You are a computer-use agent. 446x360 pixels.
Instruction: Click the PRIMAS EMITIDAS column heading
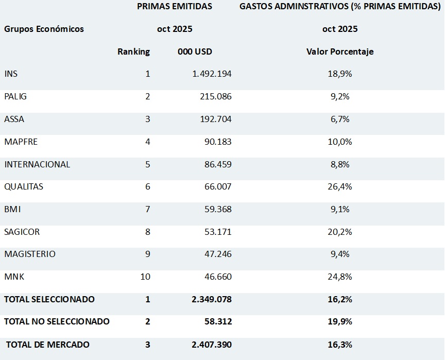(175, 7)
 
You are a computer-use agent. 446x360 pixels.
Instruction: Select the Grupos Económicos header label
(44, 29)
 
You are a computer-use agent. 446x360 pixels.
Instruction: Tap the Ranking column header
(133, 52)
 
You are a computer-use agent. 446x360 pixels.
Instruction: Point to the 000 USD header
(195, 52)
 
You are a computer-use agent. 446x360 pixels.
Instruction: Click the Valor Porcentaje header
(340, 52)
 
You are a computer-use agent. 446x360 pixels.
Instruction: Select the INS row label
(11, 74)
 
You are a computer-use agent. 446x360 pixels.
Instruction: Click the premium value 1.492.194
(212, 74)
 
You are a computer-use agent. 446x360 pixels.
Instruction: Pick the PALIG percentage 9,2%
(340, 96)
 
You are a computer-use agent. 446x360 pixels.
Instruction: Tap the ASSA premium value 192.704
(215, 119)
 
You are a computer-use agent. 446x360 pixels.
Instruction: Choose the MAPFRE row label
(21, 142)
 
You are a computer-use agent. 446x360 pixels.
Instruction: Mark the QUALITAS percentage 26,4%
(340, 186)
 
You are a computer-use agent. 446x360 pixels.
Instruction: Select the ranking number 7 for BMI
(147, 209)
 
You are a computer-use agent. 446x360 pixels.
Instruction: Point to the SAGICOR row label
(22, 232)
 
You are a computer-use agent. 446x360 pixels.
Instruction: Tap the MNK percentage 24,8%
(340, 277)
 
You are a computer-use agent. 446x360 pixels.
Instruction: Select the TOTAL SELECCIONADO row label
(49, 299)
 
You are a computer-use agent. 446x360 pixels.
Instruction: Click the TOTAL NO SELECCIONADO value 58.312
(218, 321)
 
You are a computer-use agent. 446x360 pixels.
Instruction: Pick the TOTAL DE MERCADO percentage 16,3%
(340, 345)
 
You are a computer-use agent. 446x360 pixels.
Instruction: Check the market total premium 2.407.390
(212, 345)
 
